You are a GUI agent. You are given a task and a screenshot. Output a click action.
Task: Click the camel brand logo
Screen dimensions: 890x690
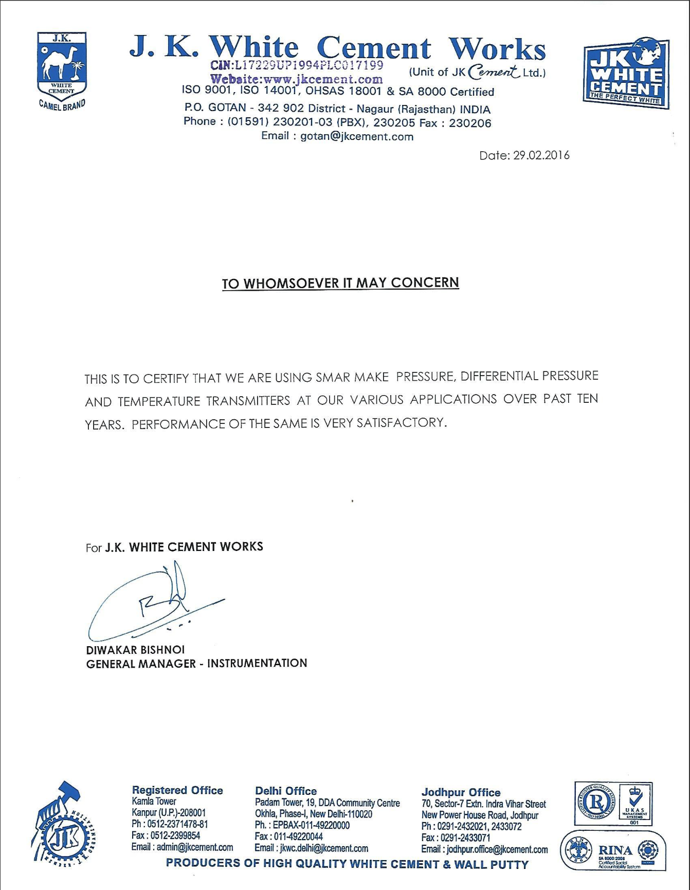coord(62,70)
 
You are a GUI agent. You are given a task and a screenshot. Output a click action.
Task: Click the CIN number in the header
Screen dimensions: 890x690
coord(297,65)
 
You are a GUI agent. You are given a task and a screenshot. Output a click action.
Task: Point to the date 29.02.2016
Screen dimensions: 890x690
coord(541,155)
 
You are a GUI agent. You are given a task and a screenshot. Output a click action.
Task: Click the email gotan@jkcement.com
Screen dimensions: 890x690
coord(357,137)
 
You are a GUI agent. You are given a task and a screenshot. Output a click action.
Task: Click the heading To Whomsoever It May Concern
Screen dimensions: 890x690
coord(340,283)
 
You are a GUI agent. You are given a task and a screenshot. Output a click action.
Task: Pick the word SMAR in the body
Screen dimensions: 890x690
coord(334,378)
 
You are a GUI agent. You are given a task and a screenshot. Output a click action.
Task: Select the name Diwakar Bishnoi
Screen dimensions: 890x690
coord(135,650)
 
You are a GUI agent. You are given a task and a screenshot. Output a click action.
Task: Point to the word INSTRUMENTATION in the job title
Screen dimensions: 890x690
coord(257,663)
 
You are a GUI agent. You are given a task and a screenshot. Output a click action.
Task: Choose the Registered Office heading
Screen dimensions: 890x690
coord(177,790)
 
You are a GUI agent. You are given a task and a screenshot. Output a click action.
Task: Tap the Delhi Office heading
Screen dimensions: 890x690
coord(286,791)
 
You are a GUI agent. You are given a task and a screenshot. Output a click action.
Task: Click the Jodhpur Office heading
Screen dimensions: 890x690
coord(461,792)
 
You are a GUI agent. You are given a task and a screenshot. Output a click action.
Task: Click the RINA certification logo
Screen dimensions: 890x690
coord(613,850)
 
